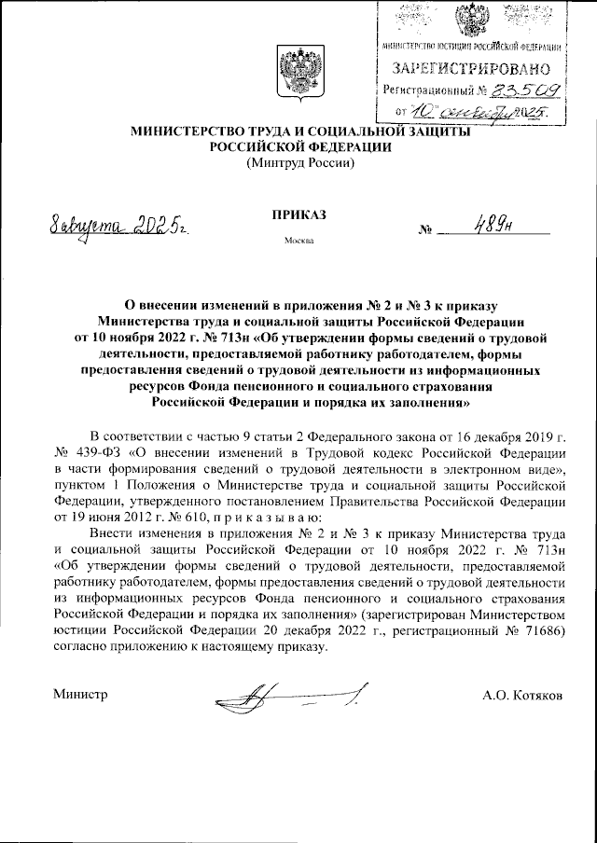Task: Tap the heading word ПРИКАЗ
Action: [x=299, y=214]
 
